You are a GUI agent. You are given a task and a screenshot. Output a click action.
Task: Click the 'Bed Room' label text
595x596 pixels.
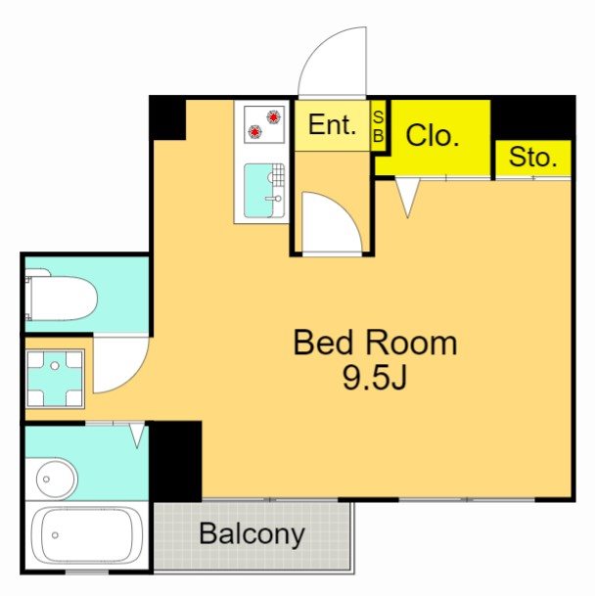[x=375, y=343]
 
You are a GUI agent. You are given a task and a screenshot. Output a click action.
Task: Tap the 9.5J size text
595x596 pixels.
[x=375, y=378]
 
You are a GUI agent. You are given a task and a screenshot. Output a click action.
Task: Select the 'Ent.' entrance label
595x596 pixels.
[x=331, y=125]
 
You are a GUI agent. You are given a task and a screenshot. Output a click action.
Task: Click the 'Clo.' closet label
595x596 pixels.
[x=432, y=136]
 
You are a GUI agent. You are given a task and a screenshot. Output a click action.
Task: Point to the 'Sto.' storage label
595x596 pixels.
[x=532, y=158]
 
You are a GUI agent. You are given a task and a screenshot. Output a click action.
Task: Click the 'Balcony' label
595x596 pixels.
[x=252, y=534]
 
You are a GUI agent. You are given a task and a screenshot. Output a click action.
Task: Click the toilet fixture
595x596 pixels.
[x=61, y=299]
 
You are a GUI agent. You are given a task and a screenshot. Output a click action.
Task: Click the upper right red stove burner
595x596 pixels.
[x=273, y=116]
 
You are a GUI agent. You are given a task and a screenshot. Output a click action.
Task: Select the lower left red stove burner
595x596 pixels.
[x=255, y=131]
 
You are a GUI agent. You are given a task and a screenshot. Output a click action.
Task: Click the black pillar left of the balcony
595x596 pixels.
[x=176, y=460]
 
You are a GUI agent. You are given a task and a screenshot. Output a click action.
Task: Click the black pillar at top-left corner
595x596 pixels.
[x=167, y=117]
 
